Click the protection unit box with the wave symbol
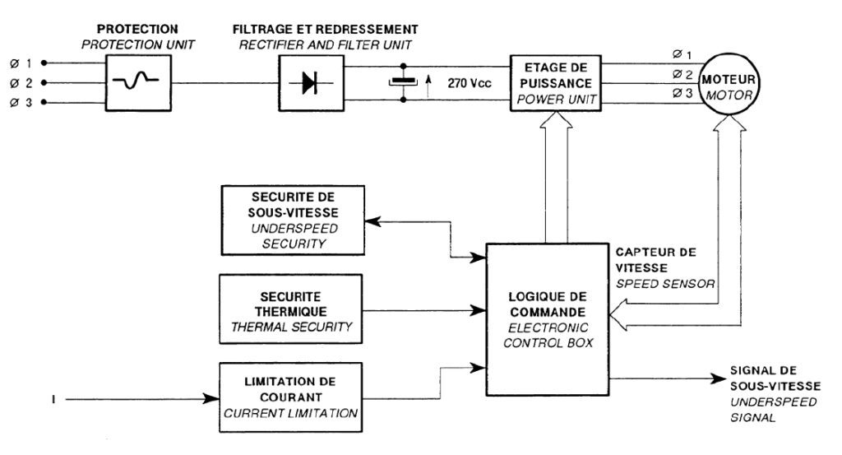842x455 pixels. pyautogui.click(x=137, y=82)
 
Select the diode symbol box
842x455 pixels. pyautogui.click(x=309, y=82)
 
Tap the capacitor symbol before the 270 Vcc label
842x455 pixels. pyautogui.click(x=403, y=81)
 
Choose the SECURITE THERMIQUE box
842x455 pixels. pyautogui.click(x=291, y=311)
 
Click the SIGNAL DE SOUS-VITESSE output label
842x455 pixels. pyautogui.click(x=773, y=393)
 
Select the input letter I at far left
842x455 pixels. pyautogui.click(x=53, y=401)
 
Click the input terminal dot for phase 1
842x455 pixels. pyautogui.click(x=44, y=63)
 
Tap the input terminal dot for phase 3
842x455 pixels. pyautogui.click(x=44, y=103)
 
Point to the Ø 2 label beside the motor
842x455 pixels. pyautogui.click(x=682, y=74)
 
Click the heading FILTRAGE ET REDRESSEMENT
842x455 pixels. pyautogui.click(x=325, y=30)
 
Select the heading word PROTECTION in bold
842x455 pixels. pyautogui.click(x=137, y=30)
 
